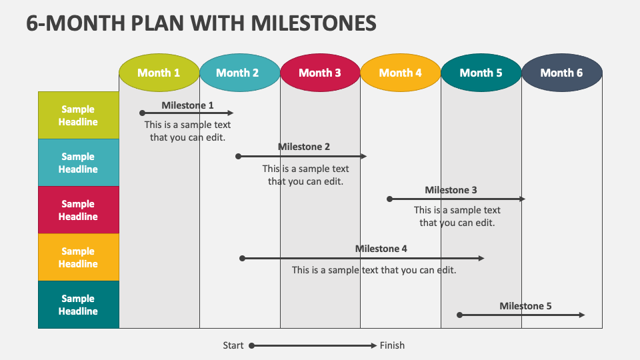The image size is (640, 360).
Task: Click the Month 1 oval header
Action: pos(159,73)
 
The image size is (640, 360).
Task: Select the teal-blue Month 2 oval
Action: pos(239,73)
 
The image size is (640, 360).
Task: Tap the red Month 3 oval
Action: pos(320,73)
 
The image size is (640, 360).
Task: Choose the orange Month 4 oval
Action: pos(401,73)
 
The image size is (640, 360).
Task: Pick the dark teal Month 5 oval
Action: pos(481,73)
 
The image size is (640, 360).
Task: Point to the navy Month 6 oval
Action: pos(561,73)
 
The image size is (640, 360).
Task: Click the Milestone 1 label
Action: pos(187,105)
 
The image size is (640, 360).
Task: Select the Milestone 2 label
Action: pos(304,147)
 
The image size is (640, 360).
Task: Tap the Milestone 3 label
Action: pos(451,190)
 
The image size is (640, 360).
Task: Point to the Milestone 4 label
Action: pos(381,249)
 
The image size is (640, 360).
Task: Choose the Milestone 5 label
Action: pos(525,306)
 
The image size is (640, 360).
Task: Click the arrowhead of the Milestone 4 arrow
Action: pos(481,259)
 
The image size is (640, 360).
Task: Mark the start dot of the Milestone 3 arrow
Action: pos(390,199)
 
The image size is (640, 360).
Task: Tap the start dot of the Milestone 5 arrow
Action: pos(459,315)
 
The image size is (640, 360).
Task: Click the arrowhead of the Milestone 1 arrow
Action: pos(231,113)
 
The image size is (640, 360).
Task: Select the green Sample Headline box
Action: pos(79,115)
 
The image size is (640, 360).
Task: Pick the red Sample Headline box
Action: pos(79,210)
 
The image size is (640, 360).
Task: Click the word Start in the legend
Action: pos(233,345)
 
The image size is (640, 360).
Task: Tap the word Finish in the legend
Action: pos(392,345)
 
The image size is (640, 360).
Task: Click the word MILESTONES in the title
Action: pos(313,23)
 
